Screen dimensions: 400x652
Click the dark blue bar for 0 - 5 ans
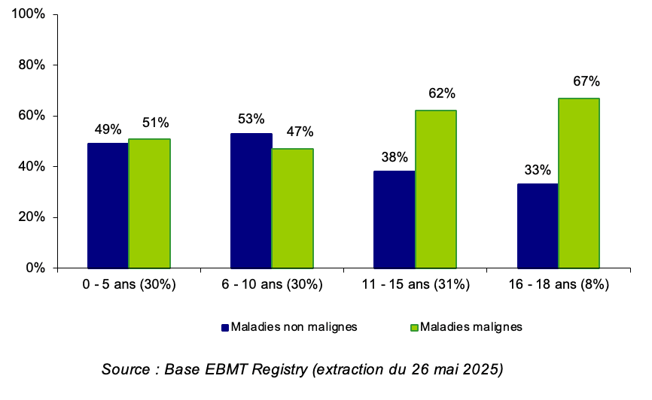tap(108, 205)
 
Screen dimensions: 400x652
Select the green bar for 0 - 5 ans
tap(149, 203)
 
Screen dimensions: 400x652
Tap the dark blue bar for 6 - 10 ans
tap(251, 200)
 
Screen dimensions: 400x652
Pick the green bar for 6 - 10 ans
tap(292, 208)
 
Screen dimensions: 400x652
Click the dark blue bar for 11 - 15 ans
tap(394, 220)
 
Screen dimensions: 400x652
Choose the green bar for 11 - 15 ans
tap(435, 189)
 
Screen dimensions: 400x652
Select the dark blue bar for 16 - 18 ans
tap(537, 226)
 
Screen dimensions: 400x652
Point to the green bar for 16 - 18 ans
tap(578, 183)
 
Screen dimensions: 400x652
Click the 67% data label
tap(584, 81)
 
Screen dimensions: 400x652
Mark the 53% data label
tap(251, 119)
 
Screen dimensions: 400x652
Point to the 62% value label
tap(442, 94)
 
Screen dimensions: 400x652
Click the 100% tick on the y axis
tap(30, 14)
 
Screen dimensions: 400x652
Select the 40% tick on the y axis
tap(33, 166)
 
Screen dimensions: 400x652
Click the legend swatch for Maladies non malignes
tap(224, 327)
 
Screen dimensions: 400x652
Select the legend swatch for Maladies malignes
tap(413, 327)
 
